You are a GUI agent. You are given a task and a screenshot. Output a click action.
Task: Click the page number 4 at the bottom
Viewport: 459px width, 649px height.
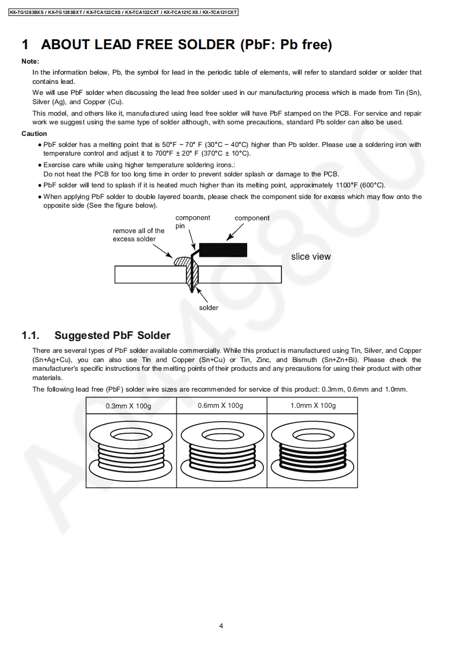[221, 625]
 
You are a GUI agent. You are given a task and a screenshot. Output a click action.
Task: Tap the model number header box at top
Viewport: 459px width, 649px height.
[124, 12]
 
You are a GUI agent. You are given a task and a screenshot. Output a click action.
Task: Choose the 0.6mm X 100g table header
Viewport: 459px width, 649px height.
[221, 405]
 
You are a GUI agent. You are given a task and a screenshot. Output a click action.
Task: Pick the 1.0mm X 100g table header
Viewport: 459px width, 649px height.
[313, 405]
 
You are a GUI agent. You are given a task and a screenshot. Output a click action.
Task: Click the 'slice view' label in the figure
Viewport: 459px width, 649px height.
[311, 257]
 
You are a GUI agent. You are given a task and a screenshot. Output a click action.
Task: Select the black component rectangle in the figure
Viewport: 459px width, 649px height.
[223, 250]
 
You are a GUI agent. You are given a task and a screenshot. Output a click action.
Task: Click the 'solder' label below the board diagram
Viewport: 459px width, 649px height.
[209, 308]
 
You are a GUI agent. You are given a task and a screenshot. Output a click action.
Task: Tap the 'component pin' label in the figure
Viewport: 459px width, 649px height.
[192, 222]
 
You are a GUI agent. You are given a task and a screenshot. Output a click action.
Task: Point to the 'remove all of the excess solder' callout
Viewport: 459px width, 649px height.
[139, 235]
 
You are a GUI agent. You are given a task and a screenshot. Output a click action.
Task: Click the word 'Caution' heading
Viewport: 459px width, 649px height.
[34, 134]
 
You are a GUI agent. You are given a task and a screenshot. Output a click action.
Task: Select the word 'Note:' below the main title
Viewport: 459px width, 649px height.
[30, 61]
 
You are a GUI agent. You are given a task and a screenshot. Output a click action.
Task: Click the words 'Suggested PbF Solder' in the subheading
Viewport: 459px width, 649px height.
[112, 335]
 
